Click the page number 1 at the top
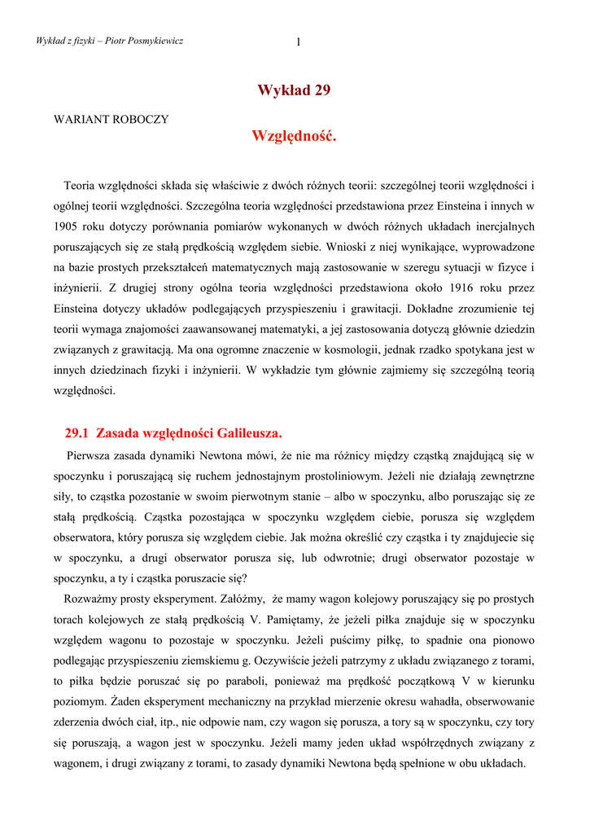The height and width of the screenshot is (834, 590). pyautogui.click(x=299, y=42)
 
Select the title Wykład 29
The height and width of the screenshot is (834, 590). pyautogui.click(x=294, y=90)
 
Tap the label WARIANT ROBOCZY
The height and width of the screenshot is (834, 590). pyautogui.click(x=111, y=119)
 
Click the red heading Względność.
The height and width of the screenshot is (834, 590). pyautogui.click(x=294, y=136)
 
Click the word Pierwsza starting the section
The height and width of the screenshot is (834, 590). pyautogui.click(x=93, y=454)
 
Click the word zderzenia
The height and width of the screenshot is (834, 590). pyautogui.click(x=80, y=722)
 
